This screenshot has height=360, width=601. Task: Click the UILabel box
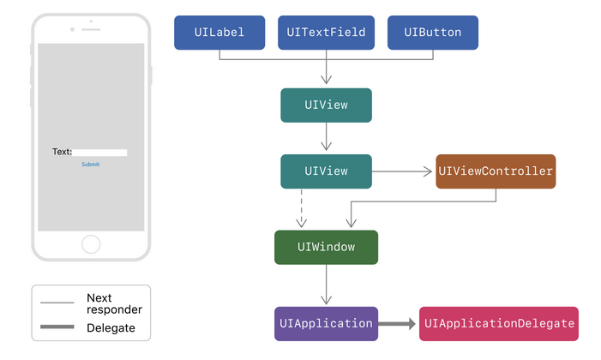pyautogui.click(x=219, y=33)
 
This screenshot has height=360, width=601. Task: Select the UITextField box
pyautogui.click(x=326, y=33)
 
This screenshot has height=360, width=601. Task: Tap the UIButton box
pyautogui.click(x=432, y=33)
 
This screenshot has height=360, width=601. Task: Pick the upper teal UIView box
pyautogui.click(x=326, y=105)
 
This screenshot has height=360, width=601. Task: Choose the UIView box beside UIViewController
pyautogui.click(x=326, y=171)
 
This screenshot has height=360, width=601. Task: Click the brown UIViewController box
pyautogui.click(x=496, y=171)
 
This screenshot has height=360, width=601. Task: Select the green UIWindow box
pyautogui.click(x=326, y=247)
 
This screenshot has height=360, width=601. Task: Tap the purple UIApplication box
pyautogui.click(x=326, y=324)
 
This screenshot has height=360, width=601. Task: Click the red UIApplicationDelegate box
pyautogui.click(x=498, y=324)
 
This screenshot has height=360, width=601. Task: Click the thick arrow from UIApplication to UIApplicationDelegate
pyautogui.click(x=398, y=324)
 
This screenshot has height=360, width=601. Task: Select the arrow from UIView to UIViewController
pyautogui.click(x=403, y=171)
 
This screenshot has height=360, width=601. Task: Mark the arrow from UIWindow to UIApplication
pyautogui.click(x=326, y=285)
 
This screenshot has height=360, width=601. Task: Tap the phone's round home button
pyautogui.click(x=91, y=244)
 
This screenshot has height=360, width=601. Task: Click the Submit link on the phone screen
pyautogui.click(x=90, y=164)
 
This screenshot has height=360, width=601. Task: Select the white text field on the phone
pyautogui.click(x=99, y=153)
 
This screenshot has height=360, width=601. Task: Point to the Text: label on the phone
pyautogui.click(x=62, y=153)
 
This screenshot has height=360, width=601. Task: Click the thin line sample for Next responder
pyautogui.click(x=57, y=303)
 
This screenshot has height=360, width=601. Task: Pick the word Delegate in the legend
pyautogui.click(x=111, y=328)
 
